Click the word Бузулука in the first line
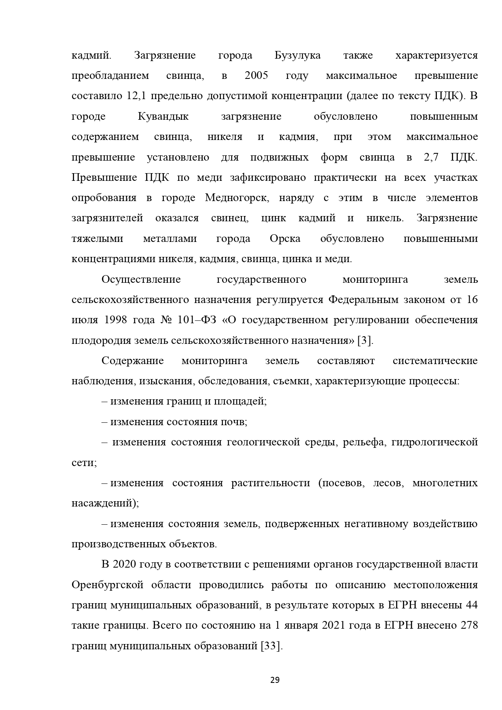coord(297,55)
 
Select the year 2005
coord(256,76)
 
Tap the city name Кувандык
coord(163,117)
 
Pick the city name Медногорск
coord(236,198)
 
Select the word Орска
coord(285,239)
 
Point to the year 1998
coord(116,320)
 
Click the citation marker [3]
coord(365,341)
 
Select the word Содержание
coord(133,361)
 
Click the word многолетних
coord(445,483)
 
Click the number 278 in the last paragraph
coord(469,625)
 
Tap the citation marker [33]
coord(271,646)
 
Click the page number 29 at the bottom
coord(275,680)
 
